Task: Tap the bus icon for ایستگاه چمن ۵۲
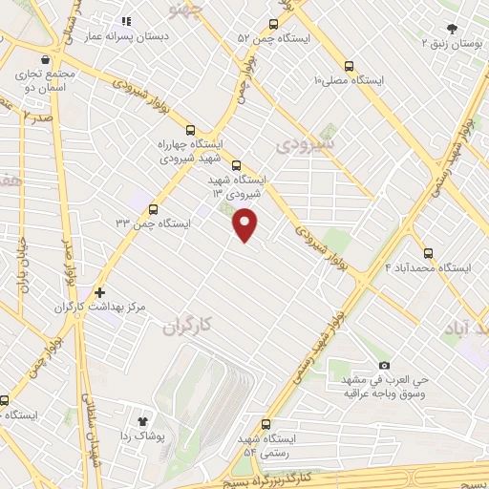pos(274,24)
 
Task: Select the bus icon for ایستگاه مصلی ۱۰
pos(350,67)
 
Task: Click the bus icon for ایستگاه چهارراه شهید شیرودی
pos(191,131)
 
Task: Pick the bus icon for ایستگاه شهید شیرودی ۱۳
pos(237,164)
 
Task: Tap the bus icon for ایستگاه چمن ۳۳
pos(154,209)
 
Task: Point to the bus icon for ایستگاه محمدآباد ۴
pos(427,254)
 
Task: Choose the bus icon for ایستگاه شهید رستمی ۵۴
pos(266,425)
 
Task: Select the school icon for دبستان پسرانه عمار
pos(124,21)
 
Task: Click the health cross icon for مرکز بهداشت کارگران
pos(99,292)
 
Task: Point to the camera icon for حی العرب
pos(384,366)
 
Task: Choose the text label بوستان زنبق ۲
pos(453,43)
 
